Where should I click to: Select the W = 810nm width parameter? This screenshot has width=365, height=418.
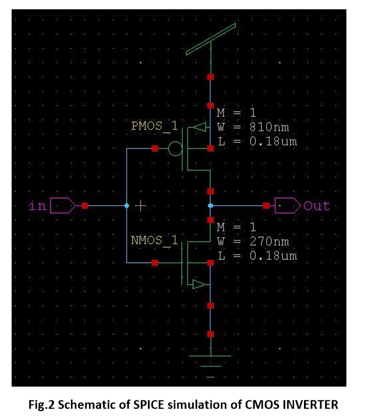click(252, 126)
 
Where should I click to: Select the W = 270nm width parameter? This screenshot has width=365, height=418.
click(252, 241)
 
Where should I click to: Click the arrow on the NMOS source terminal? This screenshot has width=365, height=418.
click(200, 284)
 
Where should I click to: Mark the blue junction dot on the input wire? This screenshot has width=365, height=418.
click(127, 206)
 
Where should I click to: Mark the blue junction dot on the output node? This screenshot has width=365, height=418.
click(210, 206)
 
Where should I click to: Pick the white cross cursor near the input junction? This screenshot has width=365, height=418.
click(140, 206)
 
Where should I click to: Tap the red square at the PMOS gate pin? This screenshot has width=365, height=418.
click(155, 149)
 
